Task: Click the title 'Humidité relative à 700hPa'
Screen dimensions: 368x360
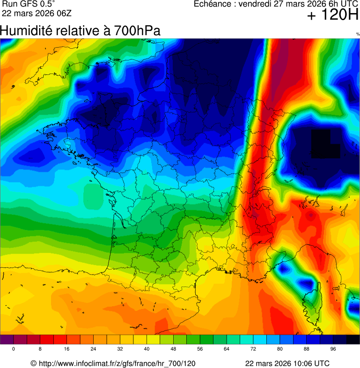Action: (80, 31)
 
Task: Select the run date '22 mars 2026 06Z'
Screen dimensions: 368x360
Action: (37, 13)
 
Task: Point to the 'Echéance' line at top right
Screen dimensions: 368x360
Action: (276, 4)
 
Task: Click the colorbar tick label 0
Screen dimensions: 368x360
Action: (13, 349)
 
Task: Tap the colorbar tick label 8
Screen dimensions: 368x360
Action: (40, 349)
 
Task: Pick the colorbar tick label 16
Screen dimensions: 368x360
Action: (67, 349)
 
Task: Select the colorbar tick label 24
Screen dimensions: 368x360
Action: (94, 349)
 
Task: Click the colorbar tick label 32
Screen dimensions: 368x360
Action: (120, 349)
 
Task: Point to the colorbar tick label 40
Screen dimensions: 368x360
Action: (147, 349)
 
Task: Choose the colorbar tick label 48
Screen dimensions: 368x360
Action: (173, 349)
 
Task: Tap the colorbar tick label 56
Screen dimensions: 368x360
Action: (200, 349)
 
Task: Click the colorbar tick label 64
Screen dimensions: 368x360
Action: (227, 349)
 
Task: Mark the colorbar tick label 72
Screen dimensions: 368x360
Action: (253, 349)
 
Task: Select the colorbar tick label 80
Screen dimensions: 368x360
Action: (280, 349)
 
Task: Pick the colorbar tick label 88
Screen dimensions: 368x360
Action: (307, 349)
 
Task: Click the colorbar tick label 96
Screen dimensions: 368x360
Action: (333, 349)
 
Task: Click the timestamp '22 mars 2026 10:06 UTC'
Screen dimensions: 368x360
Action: (287, 363)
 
